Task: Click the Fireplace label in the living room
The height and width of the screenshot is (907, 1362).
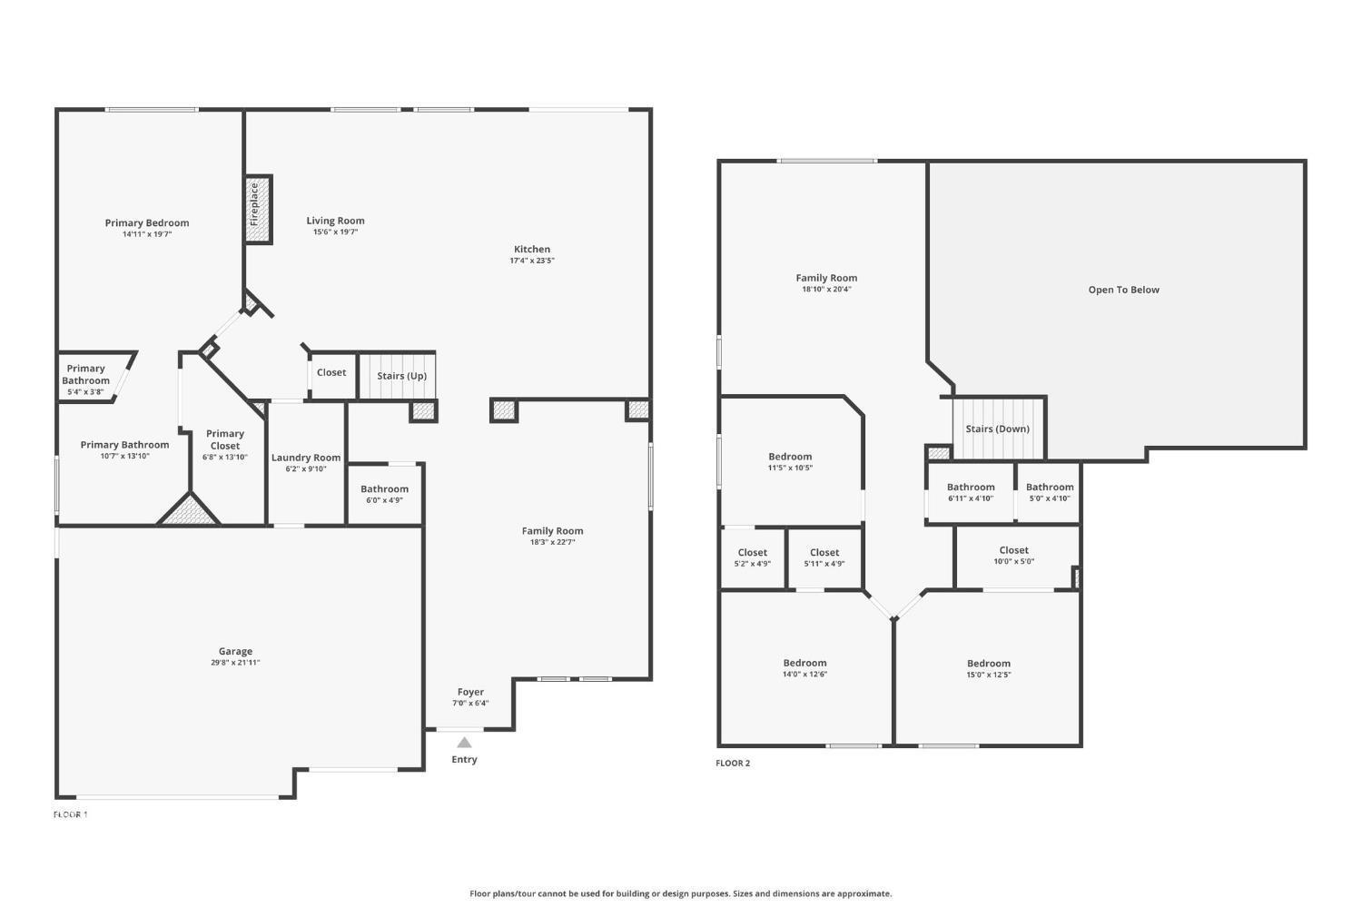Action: tap(254, 203)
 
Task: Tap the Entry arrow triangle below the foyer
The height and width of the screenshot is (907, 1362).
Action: tap(464, 743)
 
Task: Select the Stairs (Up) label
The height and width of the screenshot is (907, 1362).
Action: tap(401, 376)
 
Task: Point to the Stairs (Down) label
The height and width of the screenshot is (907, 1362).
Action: tap(997, 429)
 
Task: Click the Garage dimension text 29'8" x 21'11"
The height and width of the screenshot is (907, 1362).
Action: tap(235, 662)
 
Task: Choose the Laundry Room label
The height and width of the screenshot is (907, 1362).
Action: tap(306, 458)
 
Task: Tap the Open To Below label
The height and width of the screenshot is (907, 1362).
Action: tap(1124, 290)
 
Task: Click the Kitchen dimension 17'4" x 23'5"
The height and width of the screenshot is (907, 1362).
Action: tap(532, 261)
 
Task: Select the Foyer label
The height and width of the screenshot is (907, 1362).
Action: tap(470, 692)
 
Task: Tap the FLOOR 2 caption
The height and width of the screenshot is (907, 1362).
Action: tap(733, 763)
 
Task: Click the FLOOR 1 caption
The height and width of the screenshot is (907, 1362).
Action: tap(71, 814)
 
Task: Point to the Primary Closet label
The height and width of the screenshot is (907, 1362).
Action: tap(225, 439)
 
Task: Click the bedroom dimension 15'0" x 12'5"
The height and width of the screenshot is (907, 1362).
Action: tap(989, 675)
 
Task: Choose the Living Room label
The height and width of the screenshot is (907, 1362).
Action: tap(335, 221)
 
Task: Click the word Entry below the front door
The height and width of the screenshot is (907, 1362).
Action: tap(464, 759)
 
